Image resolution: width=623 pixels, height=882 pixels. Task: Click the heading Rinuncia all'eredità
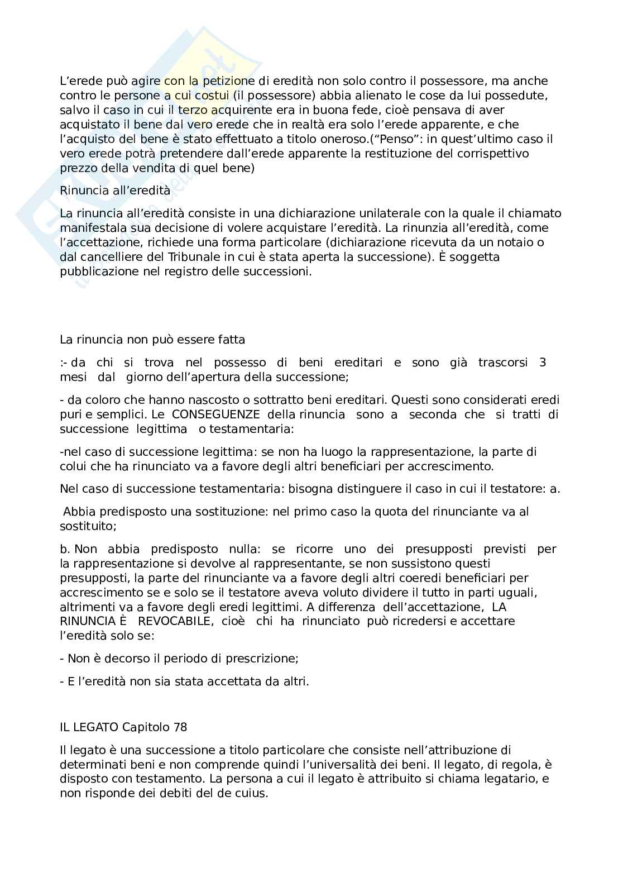tap(114, 190)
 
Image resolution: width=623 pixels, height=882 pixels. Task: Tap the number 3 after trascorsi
tap(543, 363)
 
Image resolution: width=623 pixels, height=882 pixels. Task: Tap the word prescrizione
tap(261, 659)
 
